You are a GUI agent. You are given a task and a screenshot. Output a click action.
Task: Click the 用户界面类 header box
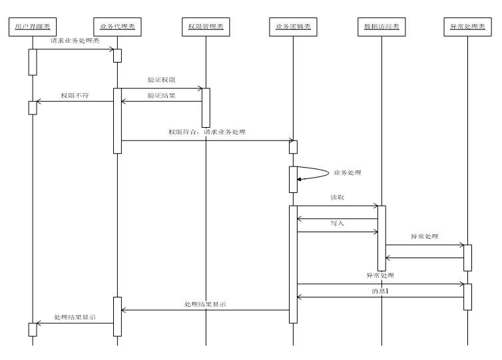[x=33, y=27]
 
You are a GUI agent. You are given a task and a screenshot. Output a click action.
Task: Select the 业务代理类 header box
[x=117, y=27]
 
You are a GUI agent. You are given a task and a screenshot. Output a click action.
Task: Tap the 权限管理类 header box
[x=206, y=27]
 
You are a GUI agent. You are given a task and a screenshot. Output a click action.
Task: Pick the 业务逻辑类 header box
[x=293, y=27]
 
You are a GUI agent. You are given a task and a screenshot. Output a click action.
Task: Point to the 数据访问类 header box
[x=381, y=27]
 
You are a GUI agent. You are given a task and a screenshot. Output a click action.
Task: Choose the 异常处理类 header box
[x=467, y=27]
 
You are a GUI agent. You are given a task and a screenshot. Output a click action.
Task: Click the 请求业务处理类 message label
[x=75, y=41]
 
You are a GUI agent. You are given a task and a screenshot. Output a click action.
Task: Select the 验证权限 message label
[x=161, y=80]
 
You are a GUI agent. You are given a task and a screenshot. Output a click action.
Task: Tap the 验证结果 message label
[x=161, y=96]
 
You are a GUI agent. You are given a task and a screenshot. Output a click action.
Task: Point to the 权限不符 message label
[x=75, y=96]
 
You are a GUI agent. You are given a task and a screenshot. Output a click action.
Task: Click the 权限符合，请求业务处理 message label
[x=206, y=132]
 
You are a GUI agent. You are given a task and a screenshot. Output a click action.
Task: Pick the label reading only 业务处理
[x=347, y=173]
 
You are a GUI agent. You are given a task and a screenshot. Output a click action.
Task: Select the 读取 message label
[x=337, y=198]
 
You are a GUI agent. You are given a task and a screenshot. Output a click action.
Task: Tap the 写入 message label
[x=337, y=224]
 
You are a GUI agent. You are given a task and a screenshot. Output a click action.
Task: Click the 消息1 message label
[x=380, y=291]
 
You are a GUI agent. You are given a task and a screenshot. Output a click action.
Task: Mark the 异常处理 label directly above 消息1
[x=380, y=276]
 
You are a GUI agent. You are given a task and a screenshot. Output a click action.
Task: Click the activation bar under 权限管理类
[x=206, y=108]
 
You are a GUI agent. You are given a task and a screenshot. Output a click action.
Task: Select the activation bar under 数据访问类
[x=381, y=238]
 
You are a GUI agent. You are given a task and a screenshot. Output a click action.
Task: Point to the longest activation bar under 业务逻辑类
[x=293, y=264]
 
